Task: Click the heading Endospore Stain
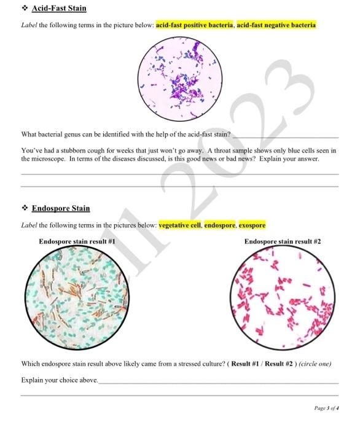[x=61, y=208]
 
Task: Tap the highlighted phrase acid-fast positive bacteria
[x=195, y=25]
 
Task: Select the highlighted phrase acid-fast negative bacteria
[x=276, y=25]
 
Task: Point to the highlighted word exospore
[x=252, y=225]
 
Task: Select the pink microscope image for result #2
[x=283, y=292]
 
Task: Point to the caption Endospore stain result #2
[x=283, y=241]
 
